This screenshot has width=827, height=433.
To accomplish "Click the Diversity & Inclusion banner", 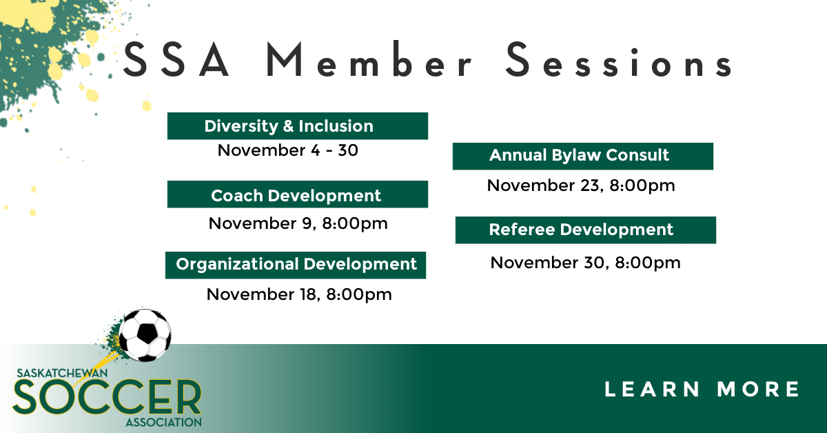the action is pyautogui.click(x=298, y=126).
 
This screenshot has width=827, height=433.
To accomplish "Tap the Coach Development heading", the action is pyautogui.click(x=298, y=194).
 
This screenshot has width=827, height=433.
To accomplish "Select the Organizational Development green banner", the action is pyautogui.click(x=296, y=265).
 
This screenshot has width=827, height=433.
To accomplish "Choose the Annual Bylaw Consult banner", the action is pyautogui.click(x=583, y=157).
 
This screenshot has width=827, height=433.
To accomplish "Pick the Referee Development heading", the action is pyautogui.click(x=586, y=230).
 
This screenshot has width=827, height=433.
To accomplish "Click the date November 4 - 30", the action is pyautogui.click(x=288, y=150).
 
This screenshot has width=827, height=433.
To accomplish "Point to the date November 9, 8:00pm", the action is pyautogui.click(x=298, y=223).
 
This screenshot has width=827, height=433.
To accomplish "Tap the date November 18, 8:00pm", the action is pyautogui.click(x=299, y=294).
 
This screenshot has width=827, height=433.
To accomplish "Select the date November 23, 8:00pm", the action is pyautogui.click(x=581, y=185).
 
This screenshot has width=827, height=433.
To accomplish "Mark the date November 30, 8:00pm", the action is pyautogui.click(x=586, y=263).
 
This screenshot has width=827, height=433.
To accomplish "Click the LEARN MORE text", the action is pyautogui.click(x=702, y=389).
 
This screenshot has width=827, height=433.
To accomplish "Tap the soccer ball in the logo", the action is pyautogui.click(x=145, y=335).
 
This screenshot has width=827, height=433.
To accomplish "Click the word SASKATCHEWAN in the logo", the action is pyautogui.click(x=62, y=373).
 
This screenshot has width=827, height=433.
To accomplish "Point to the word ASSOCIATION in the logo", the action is pyautogui.click(x=164, y=422).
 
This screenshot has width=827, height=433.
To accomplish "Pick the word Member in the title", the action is pyautogui.click(x=368, y=59).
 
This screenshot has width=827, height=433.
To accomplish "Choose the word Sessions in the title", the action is pyautogui.click(x=618, y=60).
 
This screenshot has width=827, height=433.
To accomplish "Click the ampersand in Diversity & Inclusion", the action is pyautogui.click(x=288, y=126).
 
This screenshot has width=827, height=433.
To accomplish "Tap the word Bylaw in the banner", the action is pyautogui.click(x=576, y=156).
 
